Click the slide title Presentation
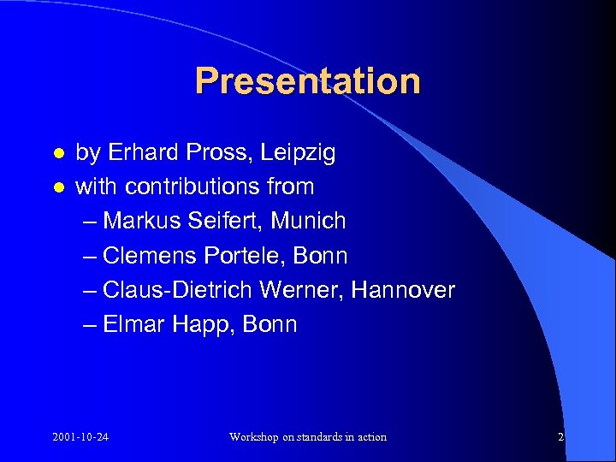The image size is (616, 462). (x=308, y=81)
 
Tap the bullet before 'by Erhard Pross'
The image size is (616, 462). (x=58, y=153)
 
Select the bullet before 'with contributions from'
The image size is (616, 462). (x=58, y=187)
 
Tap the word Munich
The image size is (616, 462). (x=308, y=221)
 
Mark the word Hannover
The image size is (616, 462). (x=403, y=290)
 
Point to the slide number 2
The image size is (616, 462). (x=560, y=437)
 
